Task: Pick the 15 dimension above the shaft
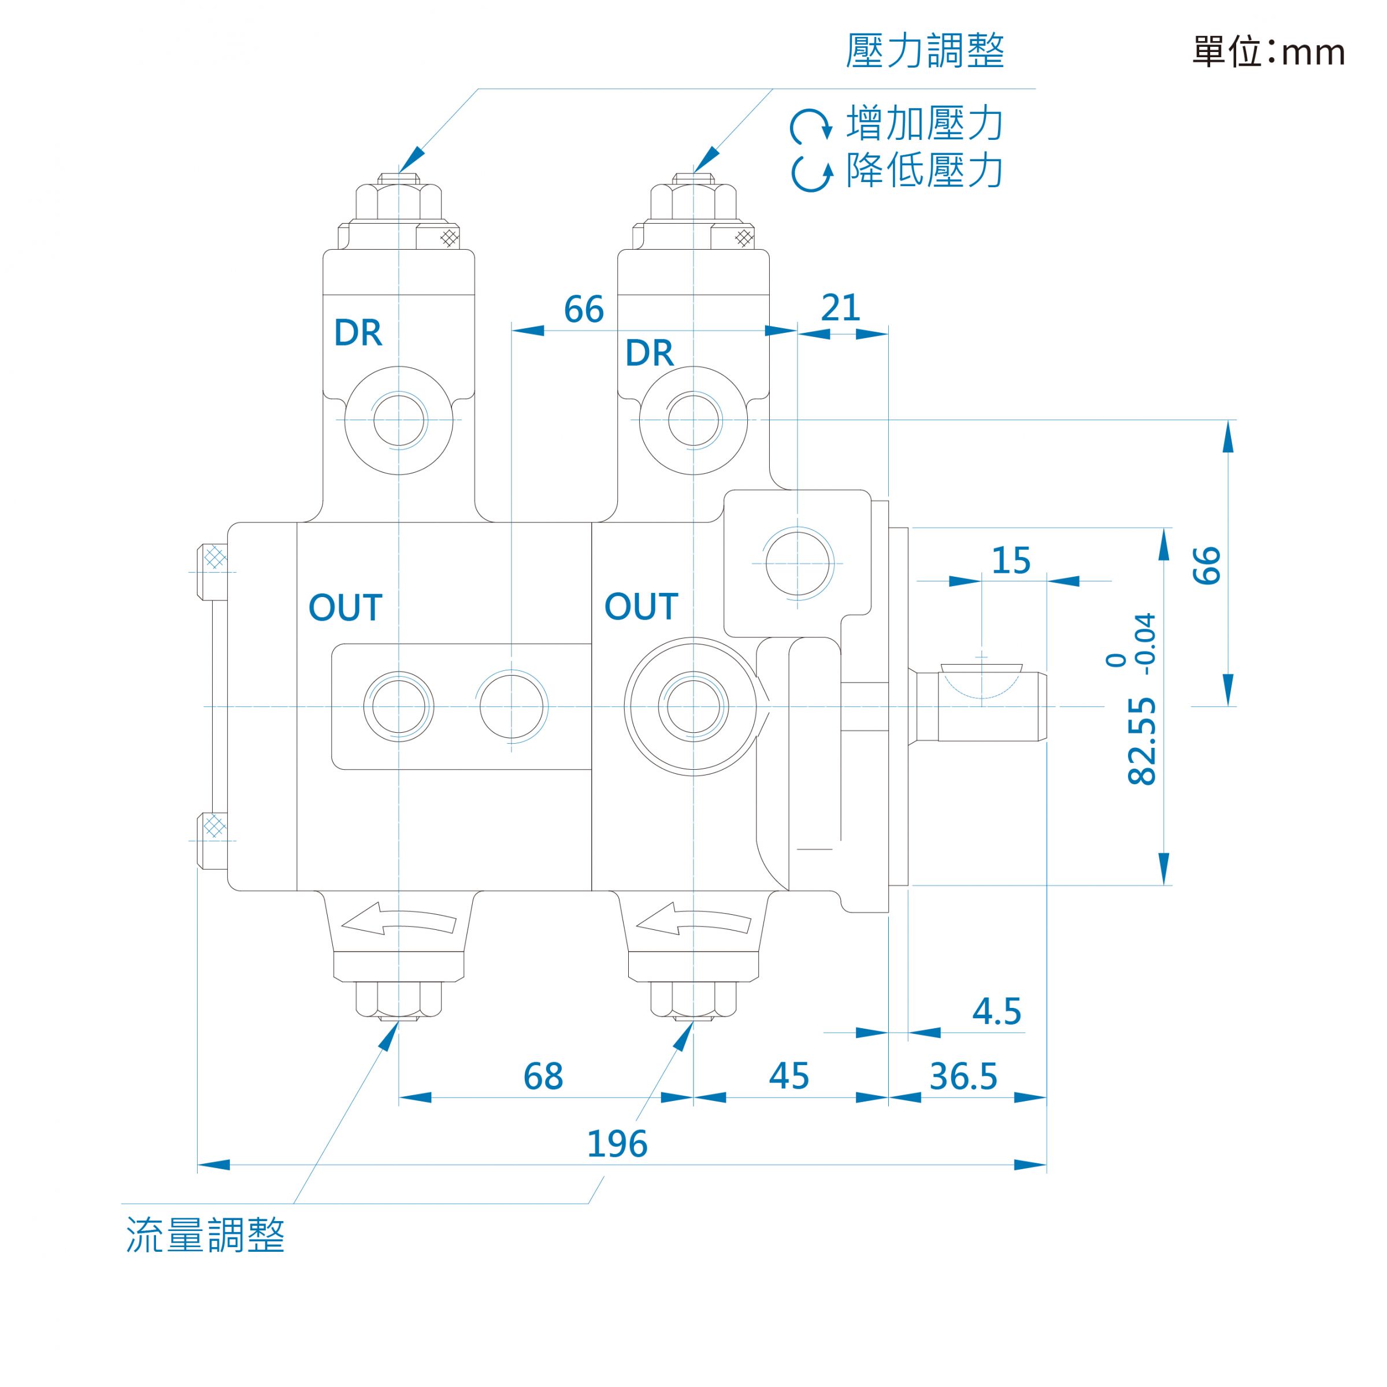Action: pyautogui.click(x=1011, y=561)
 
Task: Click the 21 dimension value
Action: pyautogui.click(x=841, y=308)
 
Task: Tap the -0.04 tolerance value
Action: pyautogui.click(x=1147, y=644)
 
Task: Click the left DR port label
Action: pyautogui.click(x=358, y=332)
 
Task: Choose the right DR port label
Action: pyautogui.click(x=649, y=353)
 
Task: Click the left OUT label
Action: pyautogui.click(x=346, y=607)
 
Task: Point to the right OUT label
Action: pyautogui.click(x=641, y=607)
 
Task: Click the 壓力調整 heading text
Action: pyautogui.click(x=925, y=51)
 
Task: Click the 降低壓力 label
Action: pyautogui.click(x=925, y=171)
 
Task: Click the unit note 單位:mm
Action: pyautogui.click(x=1269, y=51)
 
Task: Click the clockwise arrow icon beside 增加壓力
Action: pyautogui.click(x=811, y=125)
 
